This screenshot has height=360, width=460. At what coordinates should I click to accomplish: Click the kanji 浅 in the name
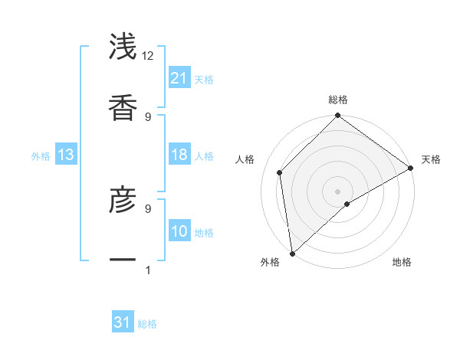click(x=123, y=46)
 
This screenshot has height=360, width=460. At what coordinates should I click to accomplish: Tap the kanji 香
click(x=123, y=106)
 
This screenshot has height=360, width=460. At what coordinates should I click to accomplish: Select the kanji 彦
click(x=123, y=201)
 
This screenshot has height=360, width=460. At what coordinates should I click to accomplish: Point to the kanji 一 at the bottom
click(x=123, y=260)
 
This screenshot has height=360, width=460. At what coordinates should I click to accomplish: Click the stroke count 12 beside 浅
click(x=148, y=56)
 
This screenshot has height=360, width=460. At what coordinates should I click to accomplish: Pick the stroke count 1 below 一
click(x=147, y=270)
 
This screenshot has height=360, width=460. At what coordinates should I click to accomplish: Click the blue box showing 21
click(x=179, y=78)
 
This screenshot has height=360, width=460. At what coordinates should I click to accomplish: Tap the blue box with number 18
click(x=179, y=155)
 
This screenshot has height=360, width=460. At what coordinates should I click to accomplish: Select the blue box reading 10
click(x=179, y=232)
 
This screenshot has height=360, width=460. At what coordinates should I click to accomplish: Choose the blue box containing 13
click(x=65, y=155)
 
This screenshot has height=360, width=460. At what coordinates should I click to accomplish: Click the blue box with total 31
click(x=123, y=323)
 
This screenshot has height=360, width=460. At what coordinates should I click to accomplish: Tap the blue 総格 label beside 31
click(x=147, y=324)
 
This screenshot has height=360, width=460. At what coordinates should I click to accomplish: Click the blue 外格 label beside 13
click(x=41, y=156)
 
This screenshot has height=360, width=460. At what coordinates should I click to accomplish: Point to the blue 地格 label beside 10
click(x=204, y=233)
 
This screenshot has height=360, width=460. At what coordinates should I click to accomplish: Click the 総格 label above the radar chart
click(x=338, y=100)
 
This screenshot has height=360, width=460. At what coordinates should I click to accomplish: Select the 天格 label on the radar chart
click(x=431, y=159)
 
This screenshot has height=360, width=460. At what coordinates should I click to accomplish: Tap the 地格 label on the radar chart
click(x=402, y=262)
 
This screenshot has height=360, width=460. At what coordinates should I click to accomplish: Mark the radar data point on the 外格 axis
click(x=292, y=253)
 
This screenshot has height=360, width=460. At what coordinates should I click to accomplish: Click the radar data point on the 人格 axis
click(x=280, y=172)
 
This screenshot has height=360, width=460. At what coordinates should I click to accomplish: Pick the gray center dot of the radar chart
click(x=338, y=191)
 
